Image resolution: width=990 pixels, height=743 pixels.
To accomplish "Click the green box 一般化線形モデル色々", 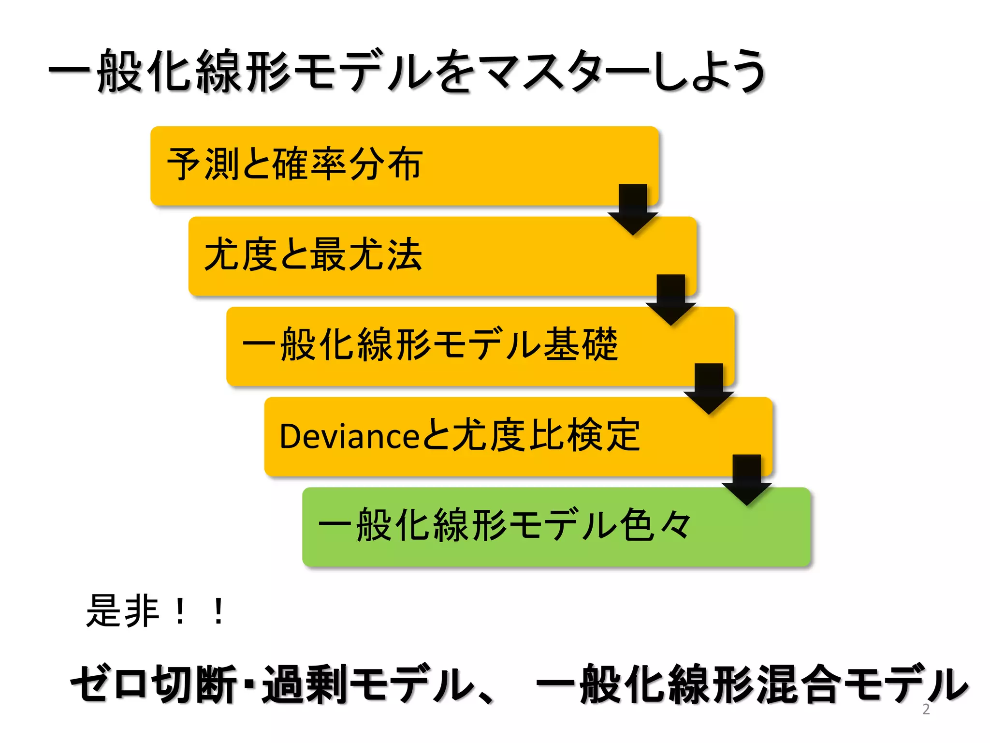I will click(x=556, y=526).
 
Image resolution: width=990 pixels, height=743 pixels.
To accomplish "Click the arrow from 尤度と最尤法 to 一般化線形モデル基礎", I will click(x=670, y=298).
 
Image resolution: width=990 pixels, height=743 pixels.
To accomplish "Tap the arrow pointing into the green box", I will click(x=746, y=479).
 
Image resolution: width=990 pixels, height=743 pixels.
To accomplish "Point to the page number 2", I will click(x=926, y=709).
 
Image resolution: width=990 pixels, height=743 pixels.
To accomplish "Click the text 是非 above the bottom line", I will click(x=123, y=611).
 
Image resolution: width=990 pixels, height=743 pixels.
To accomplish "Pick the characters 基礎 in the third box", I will click(x=581, y=344).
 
